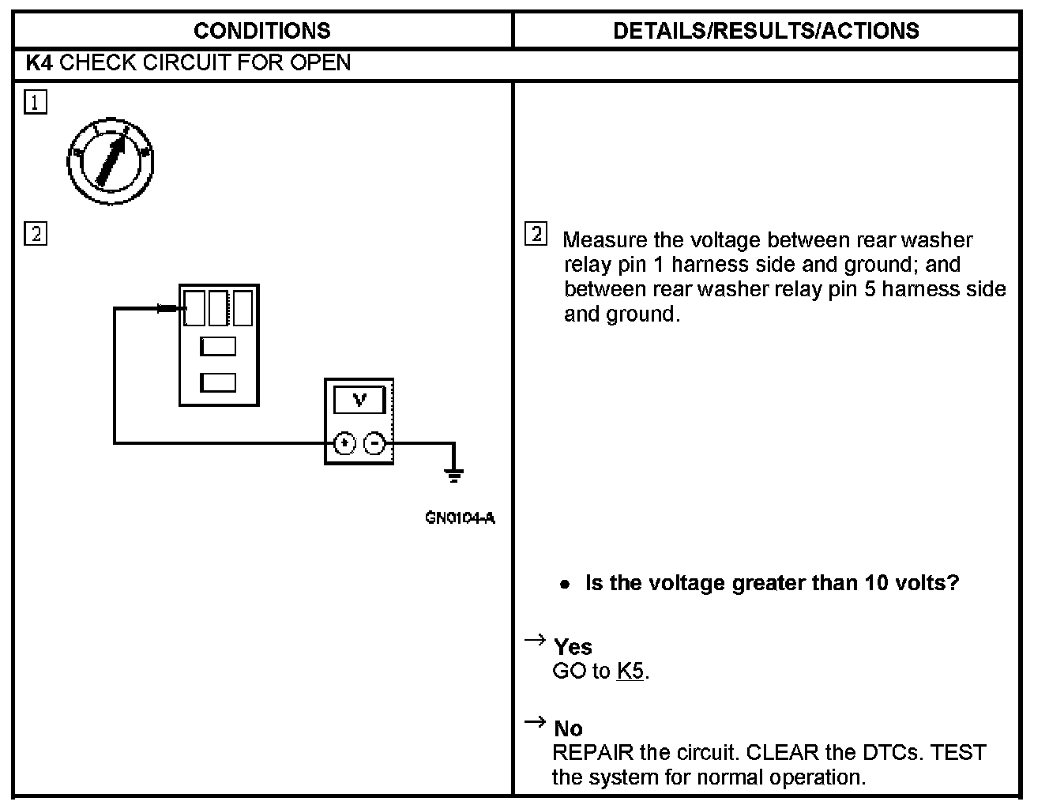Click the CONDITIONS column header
[x=261, y=31]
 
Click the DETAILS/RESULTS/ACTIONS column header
[x=765, y=31]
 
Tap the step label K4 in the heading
[x=39, y=63]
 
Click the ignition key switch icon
[x=110, y=162]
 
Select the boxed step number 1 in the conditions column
[x=36, y=102]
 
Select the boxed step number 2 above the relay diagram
[x=36, y=234]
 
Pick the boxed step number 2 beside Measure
[x=536, y=234]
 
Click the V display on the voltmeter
[x=359, y=400]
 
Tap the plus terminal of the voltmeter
[x=344, y=444]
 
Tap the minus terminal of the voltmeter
[x=374, y=444]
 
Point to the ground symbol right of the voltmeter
[x=453, y=474]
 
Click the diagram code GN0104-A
[x=460, y=518]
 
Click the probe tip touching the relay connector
[x=167, y=308]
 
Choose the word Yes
[x=573, y=647]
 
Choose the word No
[x=568, y=728]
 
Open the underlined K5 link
[x=630, y=672]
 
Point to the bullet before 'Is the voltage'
[x=564, y=585]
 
